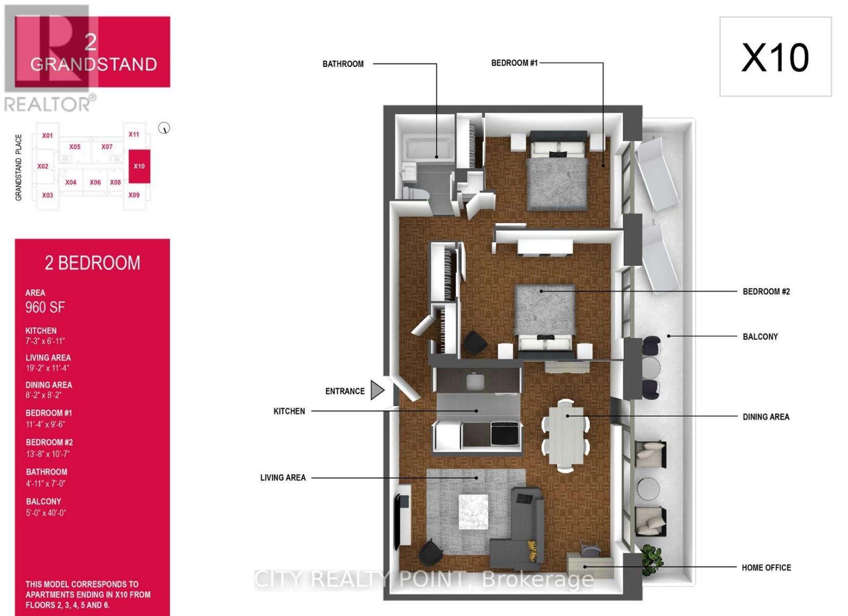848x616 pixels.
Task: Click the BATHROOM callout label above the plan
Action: coord(343,64)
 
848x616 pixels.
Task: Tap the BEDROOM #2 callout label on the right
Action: coord(766,292)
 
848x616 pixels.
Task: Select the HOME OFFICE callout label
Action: coord(766,568)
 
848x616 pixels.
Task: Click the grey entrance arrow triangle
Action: coord(377,390)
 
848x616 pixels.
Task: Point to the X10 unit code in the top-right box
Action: coord(775,57)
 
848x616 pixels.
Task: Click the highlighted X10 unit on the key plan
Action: coord(139,166)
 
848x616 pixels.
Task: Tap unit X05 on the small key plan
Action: coord(75,147)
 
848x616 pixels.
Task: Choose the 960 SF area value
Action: coord(45,307)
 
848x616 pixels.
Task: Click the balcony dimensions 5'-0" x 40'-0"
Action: coord(46,513)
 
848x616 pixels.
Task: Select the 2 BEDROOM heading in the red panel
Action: coord(92,263)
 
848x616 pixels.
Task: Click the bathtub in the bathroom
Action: coord(427,148)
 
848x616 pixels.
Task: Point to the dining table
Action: coord(566,435)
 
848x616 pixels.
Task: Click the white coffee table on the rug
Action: coord(473,512)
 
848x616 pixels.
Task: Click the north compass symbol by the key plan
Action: coord(164,128)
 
